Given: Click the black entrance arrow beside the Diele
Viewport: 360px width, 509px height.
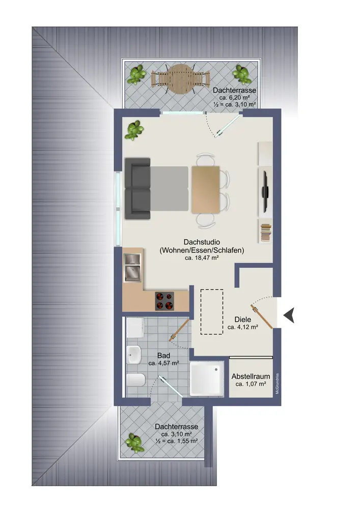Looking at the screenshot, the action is pyautogui.click(x=290, y=315).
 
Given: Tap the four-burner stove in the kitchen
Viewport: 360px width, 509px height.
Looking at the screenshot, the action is pyautogui.click(x=164, y=301).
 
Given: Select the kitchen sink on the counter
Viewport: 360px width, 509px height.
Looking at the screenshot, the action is pyautogui.click(x=132, y=268).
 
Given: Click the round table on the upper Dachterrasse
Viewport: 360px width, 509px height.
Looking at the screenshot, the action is pyautogui.click(x=180, y=79).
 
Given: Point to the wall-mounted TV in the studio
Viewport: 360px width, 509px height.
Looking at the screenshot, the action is pyautogui.click(x=265, y=192).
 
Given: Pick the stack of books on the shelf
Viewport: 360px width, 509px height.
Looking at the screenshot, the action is pyautogui.click(x=266, y=233).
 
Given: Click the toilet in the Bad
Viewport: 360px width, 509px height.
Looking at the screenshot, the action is pyautogui.click(x=135, y=380).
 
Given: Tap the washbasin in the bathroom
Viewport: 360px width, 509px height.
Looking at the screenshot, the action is pyautogui.click(x=134, y=354).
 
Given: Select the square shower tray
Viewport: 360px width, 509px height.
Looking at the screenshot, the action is pyautogui.click(x=207, y=379).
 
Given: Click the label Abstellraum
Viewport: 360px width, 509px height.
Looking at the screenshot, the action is pyautogui.click(x=251, y=377).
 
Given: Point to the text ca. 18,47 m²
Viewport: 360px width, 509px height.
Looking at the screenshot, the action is pyautogui.click(x=202, y=258).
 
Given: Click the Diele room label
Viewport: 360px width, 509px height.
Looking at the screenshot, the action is pyautogui.click(x=243, y=320).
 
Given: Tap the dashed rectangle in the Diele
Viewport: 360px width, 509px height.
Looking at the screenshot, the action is pyautogui.click(x=212, y=312).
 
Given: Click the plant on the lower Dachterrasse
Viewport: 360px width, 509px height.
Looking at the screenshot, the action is pyautogui.click(x=135, y=442).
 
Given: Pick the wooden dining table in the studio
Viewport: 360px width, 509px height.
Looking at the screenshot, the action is pyautogui.click(x=206, y=190).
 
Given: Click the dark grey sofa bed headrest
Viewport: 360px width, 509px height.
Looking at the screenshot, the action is pyautogui.click(x=137, y=188).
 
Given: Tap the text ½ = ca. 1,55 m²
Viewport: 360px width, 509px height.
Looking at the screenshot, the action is pyautogui.click(x=177, y=441).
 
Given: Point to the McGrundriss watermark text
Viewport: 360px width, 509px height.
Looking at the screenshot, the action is pyautogui.click(x=277, y=384).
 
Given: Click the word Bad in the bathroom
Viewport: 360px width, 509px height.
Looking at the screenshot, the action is pyautogui.click(x=163, y=356).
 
